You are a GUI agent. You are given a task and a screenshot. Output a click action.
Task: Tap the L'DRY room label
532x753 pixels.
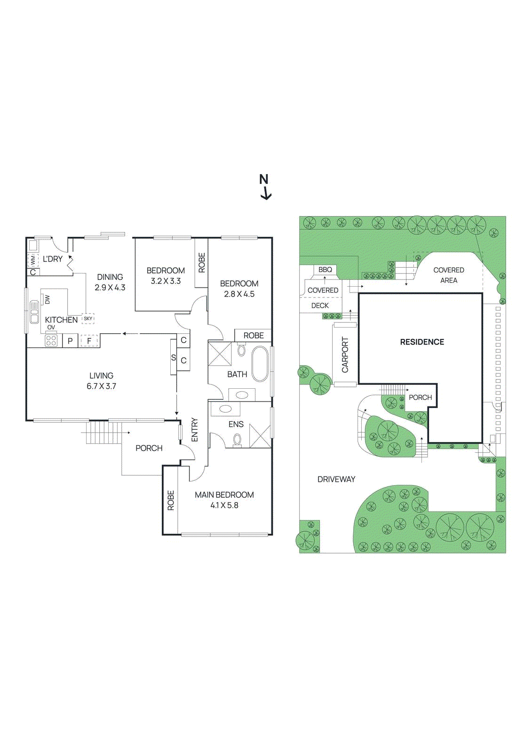53,259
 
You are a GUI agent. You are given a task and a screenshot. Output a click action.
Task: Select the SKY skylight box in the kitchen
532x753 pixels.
88,319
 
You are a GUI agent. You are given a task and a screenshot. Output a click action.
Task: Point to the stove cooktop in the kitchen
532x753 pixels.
51,340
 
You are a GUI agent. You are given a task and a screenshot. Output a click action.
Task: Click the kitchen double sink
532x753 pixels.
34,312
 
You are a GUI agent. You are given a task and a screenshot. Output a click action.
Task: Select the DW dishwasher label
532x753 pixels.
47,299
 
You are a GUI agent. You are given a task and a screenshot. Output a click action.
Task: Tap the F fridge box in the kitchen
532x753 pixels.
89,341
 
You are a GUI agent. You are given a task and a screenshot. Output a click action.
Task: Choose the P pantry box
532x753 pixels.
70,341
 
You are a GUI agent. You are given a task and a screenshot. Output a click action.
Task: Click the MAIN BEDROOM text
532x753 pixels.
224,495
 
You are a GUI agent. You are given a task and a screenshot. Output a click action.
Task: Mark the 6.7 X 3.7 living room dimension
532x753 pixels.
101,386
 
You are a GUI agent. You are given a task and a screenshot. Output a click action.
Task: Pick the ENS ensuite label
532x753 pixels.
236,424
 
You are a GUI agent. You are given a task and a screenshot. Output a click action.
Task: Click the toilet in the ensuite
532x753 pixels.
237,440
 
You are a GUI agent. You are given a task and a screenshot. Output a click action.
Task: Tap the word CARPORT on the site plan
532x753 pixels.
345,355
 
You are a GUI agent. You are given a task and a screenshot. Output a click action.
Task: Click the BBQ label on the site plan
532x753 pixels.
325,270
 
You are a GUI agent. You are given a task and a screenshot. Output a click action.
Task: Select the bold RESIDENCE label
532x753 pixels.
422,342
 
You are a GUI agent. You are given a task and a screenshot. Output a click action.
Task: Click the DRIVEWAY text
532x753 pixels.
336,479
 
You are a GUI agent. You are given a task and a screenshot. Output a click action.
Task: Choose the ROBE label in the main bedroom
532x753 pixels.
171,500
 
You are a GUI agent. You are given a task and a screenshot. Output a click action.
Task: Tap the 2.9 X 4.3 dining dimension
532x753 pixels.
110,288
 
